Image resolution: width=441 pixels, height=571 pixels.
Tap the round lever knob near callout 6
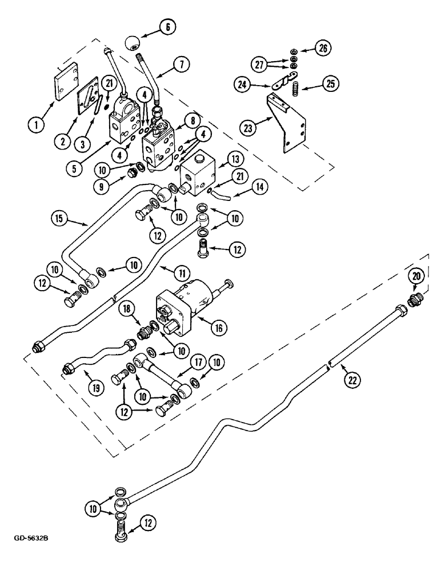(133, 42)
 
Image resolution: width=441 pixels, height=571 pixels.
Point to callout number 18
(129, 309)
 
